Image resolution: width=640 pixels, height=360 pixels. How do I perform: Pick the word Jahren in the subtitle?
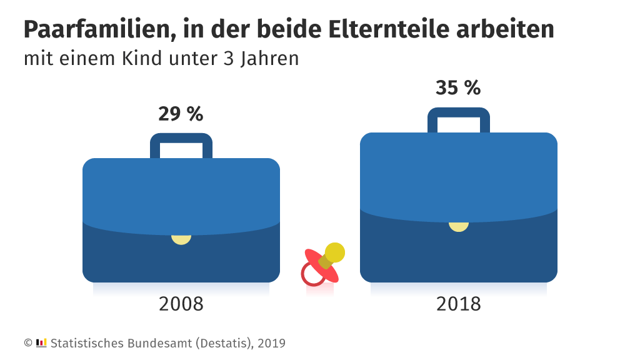[x=269, y=59]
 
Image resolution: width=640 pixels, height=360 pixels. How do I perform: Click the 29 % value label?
[x=181, y=114]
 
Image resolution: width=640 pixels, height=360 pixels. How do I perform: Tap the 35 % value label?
[x=458, y=88]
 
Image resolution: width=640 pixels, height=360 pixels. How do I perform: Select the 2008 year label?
[x=181, y=304]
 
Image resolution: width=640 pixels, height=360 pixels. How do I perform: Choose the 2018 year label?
[x=458, y=304]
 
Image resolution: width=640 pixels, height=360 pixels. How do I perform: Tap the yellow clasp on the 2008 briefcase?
[x=181, y=239]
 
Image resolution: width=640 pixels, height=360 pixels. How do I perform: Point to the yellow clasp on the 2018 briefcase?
[x=459, y=226]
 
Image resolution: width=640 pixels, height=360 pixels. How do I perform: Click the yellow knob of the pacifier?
[x=334, y=252]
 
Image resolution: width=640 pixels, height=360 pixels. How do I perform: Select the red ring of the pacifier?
[x=312, y=275]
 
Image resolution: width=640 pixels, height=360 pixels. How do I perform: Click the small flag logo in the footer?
[x=42, y=342]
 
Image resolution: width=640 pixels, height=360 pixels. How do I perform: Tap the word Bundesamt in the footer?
[x=152, y=343]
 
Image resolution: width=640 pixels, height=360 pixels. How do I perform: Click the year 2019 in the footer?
[x=272, y=343]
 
